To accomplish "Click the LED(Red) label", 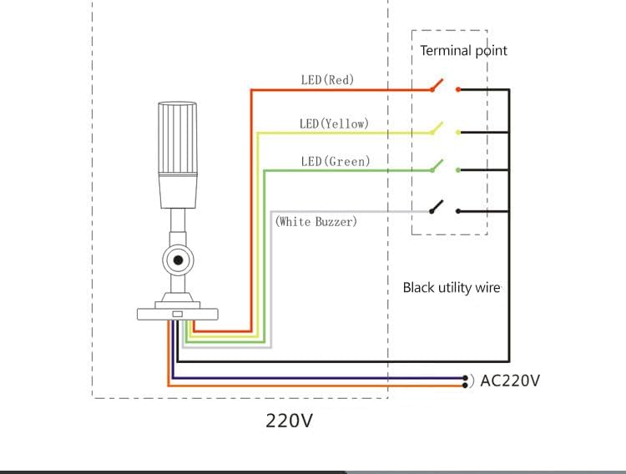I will pos(327,80).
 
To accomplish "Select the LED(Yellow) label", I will pos(334,124).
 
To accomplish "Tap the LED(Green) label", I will pos(335,161).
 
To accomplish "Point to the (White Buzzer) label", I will pos(316,221).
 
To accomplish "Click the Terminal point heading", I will pos(463,51).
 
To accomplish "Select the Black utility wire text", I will pos(452,288).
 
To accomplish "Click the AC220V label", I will pos(510,381).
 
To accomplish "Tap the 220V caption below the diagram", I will pos(289,421).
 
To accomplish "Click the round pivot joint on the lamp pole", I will pos(177,261).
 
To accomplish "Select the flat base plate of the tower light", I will pos(177,314).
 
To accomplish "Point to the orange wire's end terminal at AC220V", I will pos(465,386).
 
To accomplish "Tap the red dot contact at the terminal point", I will pos(457,89).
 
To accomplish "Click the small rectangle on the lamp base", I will pos(177,315).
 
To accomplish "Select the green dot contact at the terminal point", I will pos(457,170).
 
